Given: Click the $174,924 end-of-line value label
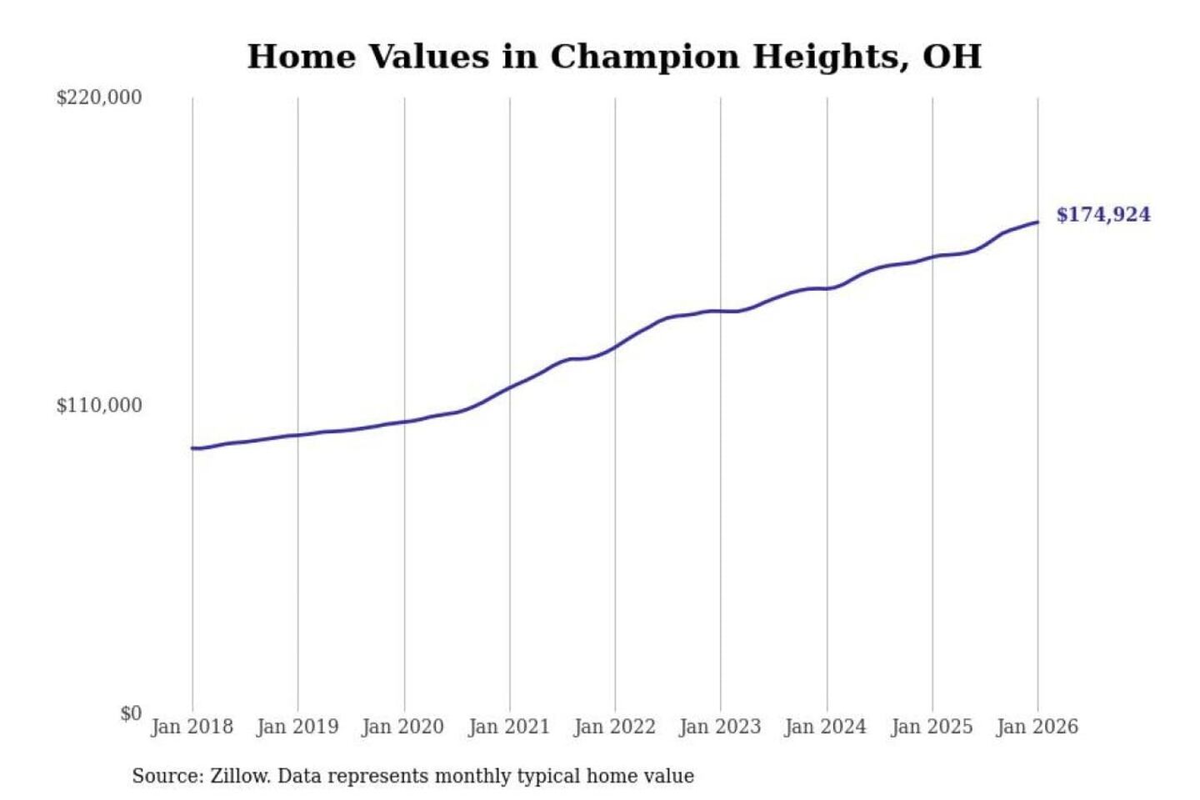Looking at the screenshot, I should [1102, 215].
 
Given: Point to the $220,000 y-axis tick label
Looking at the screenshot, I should [99, 97].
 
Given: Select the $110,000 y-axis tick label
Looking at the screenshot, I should [99, 406].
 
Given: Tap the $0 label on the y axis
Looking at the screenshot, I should [131, 713].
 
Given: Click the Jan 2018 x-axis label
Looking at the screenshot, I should [192, 727].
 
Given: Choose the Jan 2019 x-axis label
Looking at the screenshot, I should [297, 727].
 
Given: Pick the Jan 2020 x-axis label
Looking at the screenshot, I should [403, 727].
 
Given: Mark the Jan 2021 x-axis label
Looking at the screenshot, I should [509, 727].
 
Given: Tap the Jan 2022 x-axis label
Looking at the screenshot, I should [615, 727].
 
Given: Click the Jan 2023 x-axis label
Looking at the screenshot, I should [720, 727].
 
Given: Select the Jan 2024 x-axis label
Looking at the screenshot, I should [826, 727].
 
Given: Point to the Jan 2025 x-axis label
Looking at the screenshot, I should [932, 727].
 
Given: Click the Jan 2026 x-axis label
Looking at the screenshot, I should [1037, 727].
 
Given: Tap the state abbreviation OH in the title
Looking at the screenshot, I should [952, 57].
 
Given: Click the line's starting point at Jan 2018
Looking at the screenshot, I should [192, 448].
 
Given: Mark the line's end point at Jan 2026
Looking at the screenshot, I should [1037, 222].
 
